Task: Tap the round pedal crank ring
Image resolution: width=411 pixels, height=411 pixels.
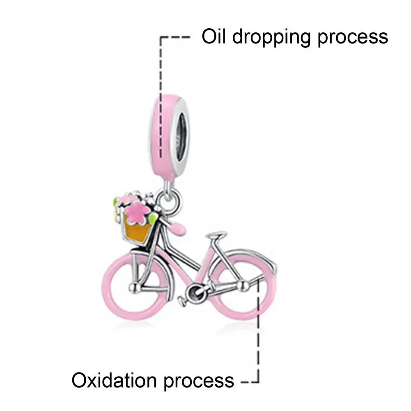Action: pyautogui.click(x=193, y=293)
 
